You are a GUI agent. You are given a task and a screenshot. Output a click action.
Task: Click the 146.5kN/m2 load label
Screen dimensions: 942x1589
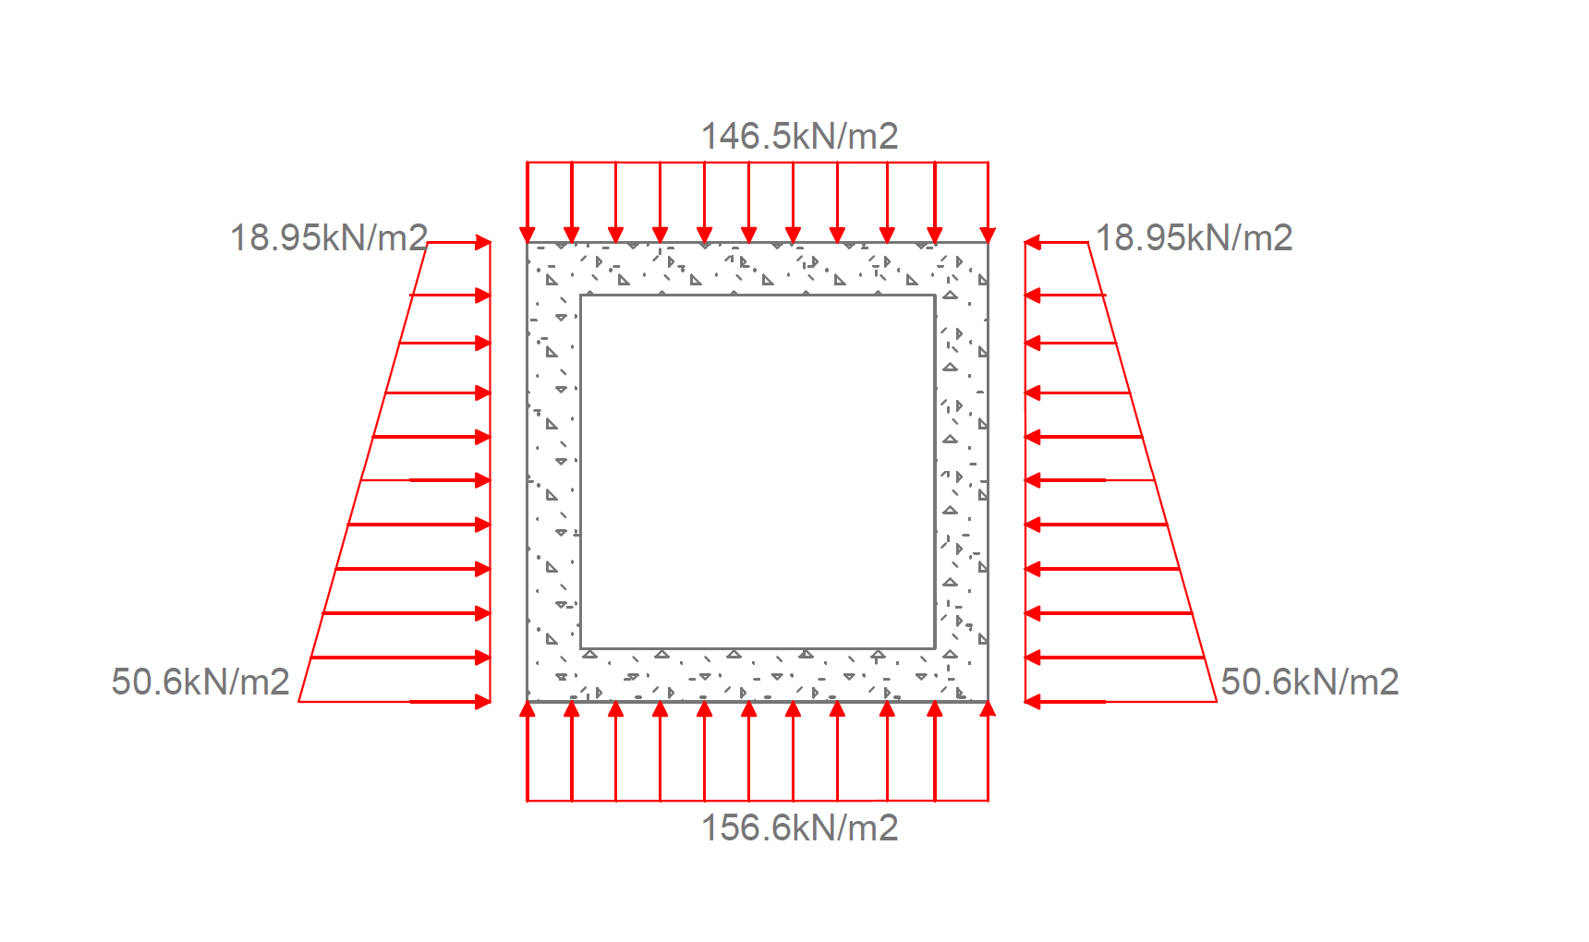click(x=799, y=137)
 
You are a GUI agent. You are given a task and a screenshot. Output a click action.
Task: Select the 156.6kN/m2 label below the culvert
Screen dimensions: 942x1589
click(x=799, y=827)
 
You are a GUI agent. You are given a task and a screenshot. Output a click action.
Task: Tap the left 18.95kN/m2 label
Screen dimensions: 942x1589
click(x=328, y=238)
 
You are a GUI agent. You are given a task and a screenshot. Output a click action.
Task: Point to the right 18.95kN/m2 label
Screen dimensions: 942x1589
click(x=1194, y=238)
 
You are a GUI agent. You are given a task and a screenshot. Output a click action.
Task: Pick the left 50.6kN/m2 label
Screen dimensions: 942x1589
click(x=200, y=682)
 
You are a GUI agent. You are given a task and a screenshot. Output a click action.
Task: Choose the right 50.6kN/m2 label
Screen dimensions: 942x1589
click(x=1309, y=682)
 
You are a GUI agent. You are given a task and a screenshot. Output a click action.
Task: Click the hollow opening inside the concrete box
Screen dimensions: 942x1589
click(x=758, y=471)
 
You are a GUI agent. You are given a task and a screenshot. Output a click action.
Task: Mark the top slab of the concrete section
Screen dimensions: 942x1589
click(x=758, y=269)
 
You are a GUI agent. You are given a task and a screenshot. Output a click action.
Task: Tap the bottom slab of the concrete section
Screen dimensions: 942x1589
click(x=758, y=675)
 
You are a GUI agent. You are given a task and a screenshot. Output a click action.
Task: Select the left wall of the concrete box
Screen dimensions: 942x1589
click(x=553, y=471)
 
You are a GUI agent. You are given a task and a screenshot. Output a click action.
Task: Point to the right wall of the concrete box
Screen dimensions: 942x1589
click(x=962, y=471)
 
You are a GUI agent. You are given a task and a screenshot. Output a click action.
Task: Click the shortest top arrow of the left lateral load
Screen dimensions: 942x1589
click(x=458, y=243)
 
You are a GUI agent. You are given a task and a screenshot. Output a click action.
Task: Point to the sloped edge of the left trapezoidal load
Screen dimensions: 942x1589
click(x=363, y=471)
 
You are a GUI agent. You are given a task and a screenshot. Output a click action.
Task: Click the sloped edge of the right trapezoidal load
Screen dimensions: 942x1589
click(x=1152, y=471)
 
